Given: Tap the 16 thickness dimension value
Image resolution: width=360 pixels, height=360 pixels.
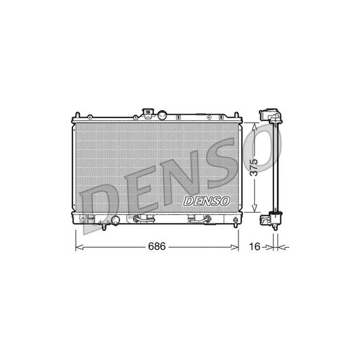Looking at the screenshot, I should pyautogui.click(x=255, y=247).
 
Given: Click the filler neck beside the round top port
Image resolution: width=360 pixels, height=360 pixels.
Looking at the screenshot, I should pyautogui.click(x=148, y=112).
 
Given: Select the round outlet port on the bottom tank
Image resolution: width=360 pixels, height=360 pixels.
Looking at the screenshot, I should pyautogui.click(x=115, y=220).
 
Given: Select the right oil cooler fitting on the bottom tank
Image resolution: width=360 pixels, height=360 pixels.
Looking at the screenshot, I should pyautogui.click(x=197, y=218).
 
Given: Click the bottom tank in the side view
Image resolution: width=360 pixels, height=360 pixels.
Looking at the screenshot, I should pyautogui.click(x=275, y=218).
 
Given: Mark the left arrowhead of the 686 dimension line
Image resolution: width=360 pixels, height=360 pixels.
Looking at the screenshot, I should pyautogui.click(x=77, y=247).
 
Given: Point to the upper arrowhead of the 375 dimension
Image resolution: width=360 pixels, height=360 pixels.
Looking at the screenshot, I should pyautogui.click(x=253, y=125).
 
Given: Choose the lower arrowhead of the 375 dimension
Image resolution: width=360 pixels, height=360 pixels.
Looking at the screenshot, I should pyautogui.click(x=253, y=211).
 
